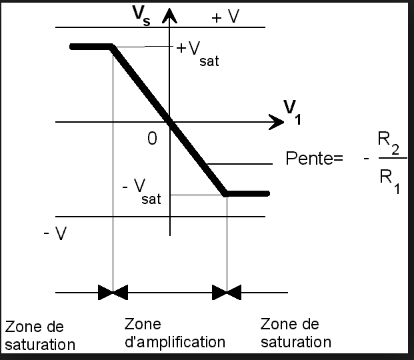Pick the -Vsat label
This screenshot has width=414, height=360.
[x=141, y=191]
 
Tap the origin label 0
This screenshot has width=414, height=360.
[x=153, y=139]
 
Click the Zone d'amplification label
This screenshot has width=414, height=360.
[x=175, y=333]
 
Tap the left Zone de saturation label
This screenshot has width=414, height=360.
[x=39, y=335]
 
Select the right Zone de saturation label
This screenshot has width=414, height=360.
[x=295, y=333]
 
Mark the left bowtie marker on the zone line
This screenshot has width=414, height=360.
[x=113, y=292]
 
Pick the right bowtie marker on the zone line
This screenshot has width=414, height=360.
[x=227, y=292]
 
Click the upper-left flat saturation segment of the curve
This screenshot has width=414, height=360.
[x=91, y=47]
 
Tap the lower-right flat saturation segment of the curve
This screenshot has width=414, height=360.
[x=247, y=194]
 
